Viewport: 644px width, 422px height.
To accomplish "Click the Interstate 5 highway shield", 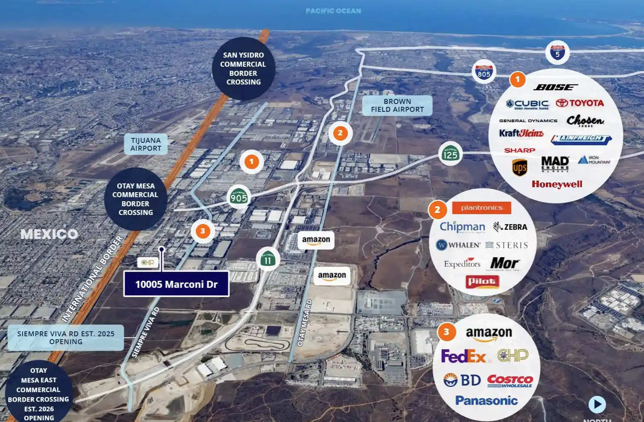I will tap(557, 53).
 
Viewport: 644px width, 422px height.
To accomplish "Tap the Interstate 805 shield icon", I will tap(484, 72).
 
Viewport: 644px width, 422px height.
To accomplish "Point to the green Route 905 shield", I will tap(239, 196).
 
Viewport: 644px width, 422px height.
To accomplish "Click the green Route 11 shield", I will tap(268, 259).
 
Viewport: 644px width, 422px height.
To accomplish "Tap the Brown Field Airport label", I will tap(397, 106).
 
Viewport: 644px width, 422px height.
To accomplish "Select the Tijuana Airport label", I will tap(146, 144).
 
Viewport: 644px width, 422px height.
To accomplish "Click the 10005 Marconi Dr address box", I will tap(176, 284).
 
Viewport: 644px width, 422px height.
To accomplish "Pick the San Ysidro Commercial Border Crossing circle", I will tap(243, 69).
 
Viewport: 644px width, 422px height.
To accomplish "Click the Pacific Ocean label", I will tap(333, 11).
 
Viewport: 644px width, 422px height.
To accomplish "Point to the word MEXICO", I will tap(49, 234).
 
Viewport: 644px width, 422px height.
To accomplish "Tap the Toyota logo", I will tap(580, 103).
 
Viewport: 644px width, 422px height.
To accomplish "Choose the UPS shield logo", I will tap(519, 167).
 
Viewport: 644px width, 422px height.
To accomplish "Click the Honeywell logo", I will tap(557, 184).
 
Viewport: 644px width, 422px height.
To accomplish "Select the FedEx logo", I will tap(463, 356).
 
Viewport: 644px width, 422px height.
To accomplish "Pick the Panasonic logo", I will tap(486, 400).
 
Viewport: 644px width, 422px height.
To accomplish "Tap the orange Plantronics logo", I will tap(481, 208).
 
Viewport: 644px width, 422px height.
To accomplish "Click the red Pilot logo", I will tap(482, 282).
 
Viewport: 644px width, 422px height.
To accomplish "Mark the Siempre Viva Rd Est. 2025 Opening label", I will tap(66, 338).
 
